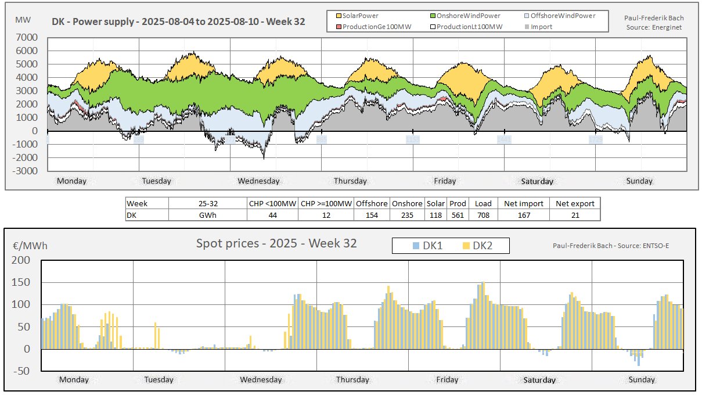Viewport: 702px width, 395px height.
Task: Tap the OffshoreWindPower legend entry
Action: click(563, 16)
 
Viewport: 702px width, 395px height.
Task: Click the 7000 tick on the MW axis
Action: click(27, 38)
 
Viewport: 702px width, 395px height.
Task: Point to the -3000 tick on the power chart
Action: click(26, 171)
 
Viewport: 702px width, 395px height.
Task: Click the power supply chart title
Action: click(179, 21)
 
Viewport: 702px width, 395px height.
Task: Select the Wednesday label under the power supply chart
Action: click(258, 181)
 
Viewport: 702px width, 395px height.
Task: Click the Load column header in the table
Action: click(483, 203)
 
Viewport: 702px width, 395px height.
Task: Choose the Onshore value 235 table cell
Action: click(406, 215)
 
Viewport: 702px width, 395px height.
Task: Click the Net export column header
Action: click(574, 203)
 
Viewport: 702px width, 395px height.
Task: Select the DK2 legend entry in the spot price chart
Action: click(482, 246)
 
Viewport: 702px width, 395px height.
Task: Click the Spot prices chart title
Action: click(276, 243)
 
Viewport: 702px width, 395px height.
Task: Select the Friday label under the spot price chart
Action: click(447, 380)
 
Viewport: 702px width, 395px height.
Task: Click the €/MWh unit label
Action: click(30, 245)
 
